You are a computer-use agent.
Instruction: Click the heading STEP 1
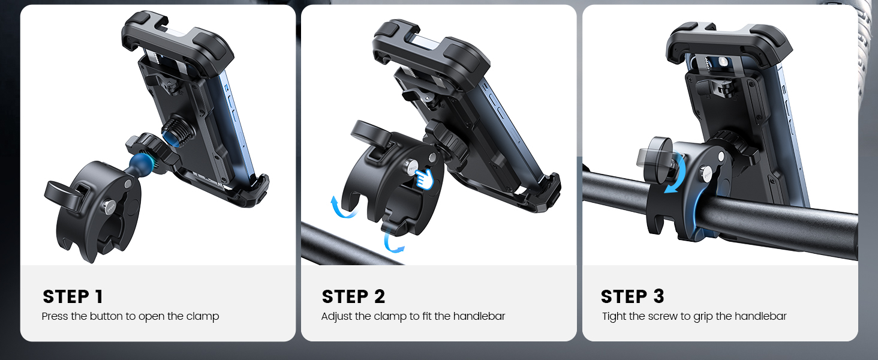click(73, 296)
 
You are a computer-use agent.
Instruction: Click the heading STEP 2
click(353, 296)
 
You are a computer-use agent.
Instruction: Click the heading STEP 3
click(632, 296)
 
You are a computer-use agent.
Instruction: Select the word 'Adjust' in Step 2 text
click(336, 316)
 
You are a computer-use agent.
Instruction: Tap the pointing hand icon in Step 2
click(424, 178)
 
